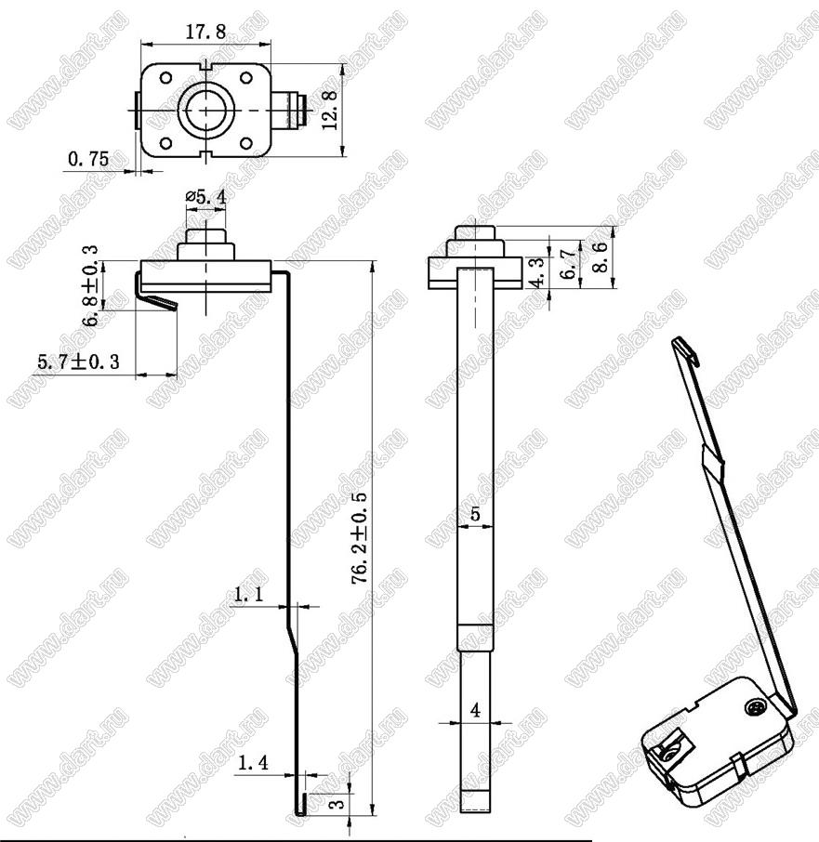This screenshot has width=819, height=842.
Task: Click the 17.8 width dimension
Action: [x=205, y=33]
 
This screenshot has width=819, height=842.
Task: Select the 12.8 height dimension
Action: [x=330, y=110]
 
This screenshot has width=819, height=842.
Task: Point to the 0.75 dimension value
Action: [x=88, y=159]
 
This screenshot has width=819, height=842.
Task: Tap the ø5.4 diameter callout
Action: [x=206, y=197]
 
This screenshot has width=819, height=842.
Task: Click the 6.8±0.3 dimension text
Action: [x=90, y=285]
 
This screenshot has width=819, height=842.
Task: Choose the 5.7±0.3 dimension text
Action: [x=79, y=362]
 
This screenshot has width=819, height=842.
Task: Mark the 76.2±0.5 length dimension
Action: [x=359, y=538]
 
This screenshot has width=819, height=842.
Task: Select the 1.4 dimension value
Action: [x=253, y=762]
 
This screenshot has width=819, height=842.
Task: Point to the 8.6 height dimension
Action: [x=600, y=257]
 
